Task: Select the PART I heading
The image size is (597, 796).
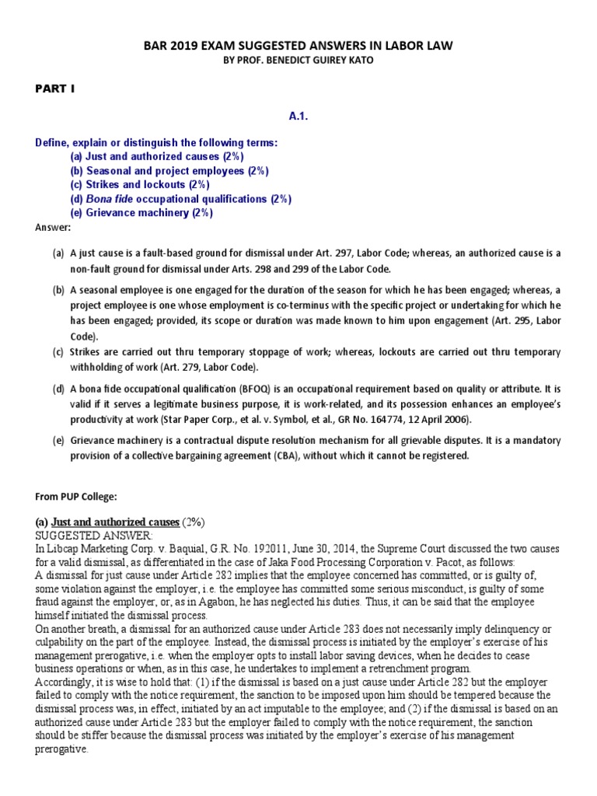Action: [54, 89]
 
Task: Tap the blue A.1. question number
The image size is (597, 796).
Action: [298, 115]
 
